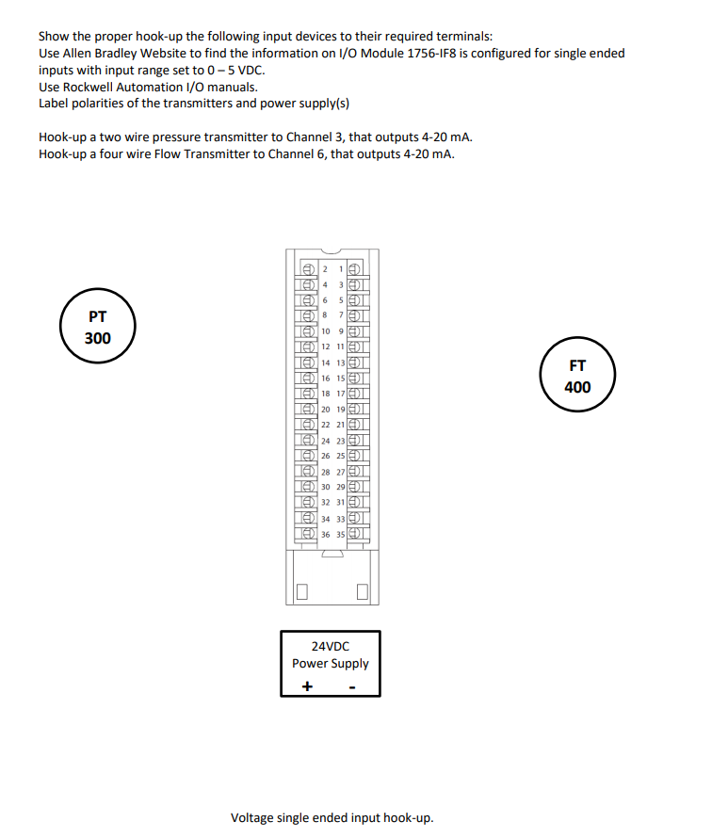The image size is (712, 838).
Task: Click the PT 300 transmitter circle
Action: [x=98, y=328]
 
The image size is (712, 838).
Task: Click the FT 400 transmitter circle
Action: [x=577, y=377]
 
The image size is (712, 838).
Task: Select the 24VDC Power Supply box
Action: [x=331, y=663]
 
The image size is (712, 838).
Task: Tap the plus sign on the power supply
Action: [x=306, y=686]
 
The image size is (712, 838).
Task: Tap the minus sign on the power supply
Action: [x=351, y=686]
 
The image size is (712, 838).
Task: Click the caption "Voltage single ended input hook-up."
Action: [x=332, y=817]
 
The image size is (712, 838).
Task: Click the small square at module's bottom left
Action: [x=302, y=592]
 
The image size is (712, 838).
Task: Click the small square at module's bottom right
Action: [x=363, y=592]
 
